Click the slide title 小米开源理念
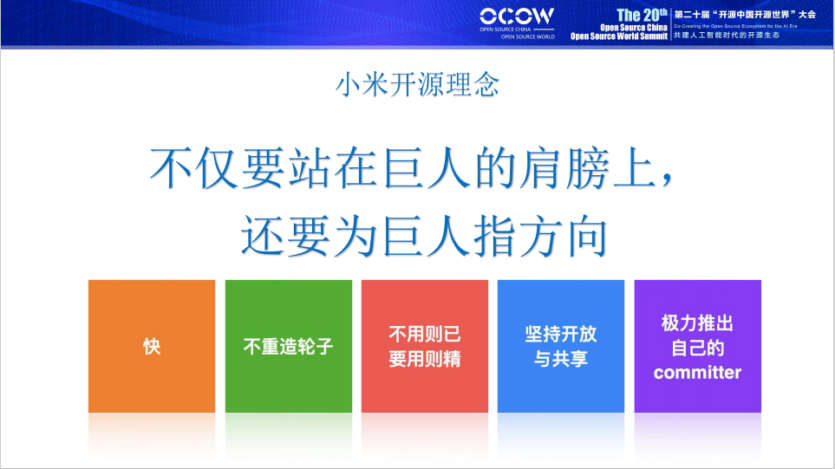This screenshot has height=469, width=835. [x=417, y=86]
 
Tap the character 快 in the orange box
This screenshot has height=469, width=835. [x=152, y=347]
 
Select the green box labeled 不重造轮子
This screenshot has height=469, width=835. [x=288, y=347]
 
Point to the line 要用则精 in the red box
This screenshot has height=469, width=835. [x=424, y=359]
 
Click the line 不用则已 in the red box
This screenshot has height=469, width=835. [x=424, y=335]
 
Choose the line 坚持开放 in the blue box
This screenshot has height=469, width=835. [x=560, y=335]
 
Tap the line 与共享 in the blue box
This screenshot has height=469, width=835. [x=560, y=359]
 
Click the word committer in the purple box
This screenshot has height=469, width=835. [x=697, y=373]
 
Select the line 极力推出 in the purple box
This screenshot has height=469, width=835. [x=697, y=323]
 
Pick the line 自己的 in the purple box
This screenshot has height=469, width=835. [x=697, y=348]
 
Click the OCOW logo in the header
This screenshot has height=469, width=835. [x=517, y=16]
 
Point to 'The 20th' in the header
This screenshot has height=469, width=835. [x=642, y=15]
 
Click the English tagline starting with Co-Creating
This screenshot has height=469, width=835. [x=734, y=26]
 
